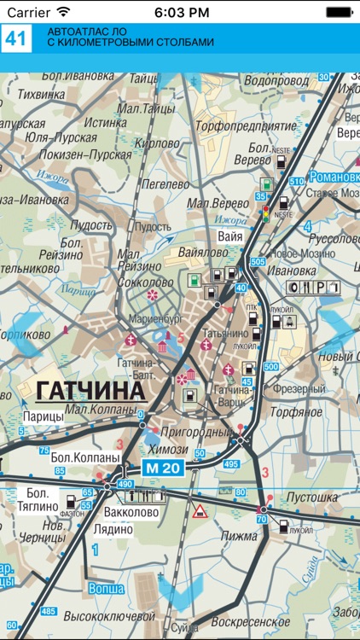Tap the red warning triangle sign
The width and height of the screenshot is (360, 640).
coord(200,511)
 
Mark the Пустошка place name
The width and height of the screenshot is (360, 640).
coord(313,497)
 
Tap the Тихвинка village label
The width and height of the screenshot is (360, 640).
coord(42,94)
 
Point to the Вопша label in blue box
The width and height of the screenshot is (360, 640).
coord(107,588)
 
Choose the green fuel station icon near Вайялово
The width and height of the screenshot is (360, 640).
coord(195,278)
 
